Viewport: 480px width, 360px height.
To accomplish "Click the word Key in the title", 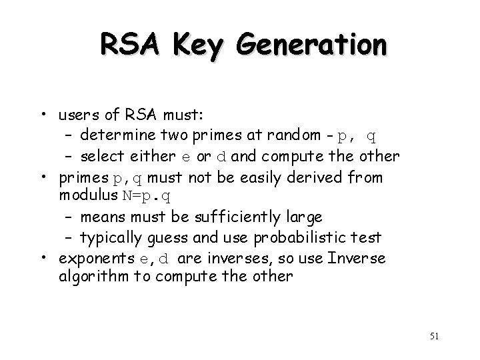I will click(196, 46).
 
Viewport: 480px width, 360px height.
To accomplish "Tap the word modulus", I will click(84, 196).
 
